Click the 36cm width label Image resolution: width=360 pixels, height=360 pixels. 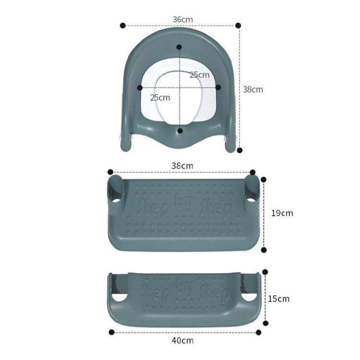pyautogui.click(x=183, y=19)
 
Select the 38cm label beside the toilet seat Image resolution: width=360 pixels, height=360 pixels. pyautogui.click(x=252, y=89)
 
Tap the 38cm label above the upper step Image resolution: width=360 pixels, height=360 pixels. pyautogui.click(x=183, y=166)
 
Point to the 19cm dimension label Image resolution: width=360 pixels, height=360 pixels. pyautogui.click(x=282, y=213)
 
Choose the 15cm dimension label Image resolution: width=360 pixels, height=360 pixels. pyautogui.click(x=279, y=299)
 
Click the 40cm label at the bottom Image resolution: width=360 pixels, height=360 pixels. pyautogui.click(x=183, y=340)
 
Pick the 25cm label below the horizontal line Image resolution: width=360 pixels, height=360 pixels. pyautogui.click(x=160, y=97)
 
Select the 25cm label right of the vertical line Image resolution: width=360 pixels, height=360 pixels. pyautogui.click(x=199, y=75)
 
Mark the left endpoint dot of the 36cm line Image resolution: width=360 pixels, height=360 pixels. pyautogui.click(x=123, y=25)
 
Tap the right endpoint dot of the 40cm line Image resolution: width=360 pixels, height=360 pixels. pyautogui.click(x=258, y=332)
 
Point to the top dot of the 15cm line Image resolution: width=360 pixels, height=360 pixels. pyautogui.click(x=264, y=272)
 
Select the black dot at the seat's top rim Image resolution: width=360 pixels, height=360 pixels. pyautogui.click(x=179, y=47)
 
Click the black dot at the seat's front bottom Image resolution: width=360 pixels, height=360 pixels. pyautogui.click(x=180, y=130)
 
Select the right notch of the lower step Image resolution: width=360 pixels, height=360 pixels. pyautogui.click(x=248, y=298)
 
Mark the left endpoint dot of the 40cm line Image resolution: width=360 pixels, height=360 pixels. pyautogui.click(x=111, y=332)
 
